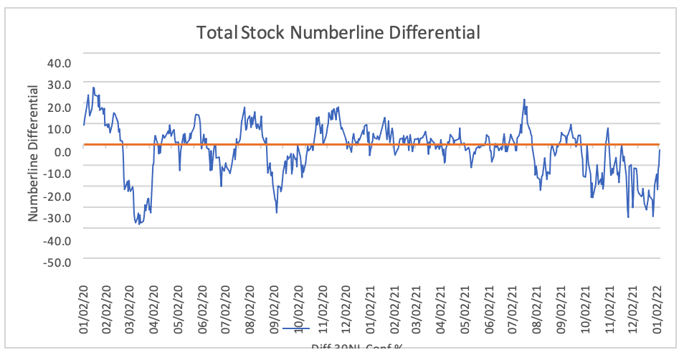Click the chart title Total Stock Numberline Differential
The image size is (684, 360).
point(338,32)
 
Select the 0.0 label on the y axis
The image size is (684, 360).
point(62,151)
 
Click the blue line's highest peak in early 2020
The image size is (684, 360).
point(93,87)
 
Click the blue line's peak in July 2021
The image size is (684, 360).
point(524,100)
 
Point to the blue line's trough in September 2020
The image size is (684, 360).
point(277,212)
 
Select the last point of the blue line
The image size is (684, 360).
point(660,149)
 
